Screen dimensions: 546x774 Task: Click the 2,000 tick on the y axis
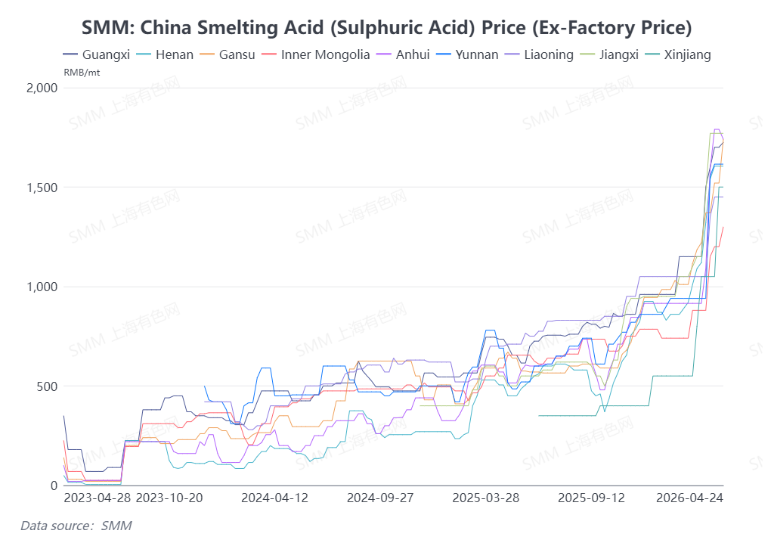(x=42, y=88)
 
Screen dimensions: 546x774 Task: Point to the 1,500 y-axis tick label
(x=42, y=188)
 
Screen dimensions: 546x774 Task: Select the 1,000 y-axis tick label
(x=42, y=287)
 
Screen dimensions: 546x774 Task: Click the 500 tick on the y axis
(x=48, y=386)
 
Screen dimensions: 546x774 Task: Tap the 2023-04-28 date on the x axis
(x=96, y=498)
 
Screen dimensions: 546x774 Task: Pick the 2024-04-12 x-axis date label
(x=274, y=498)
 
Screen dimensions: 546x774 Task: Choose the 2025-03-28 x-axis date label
(x=485, y=498)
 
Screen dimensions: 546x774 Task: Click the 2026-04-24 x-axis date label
(x=689, y=498)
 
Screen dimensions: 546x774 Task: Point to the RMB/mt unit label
(x=81, y=73)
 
